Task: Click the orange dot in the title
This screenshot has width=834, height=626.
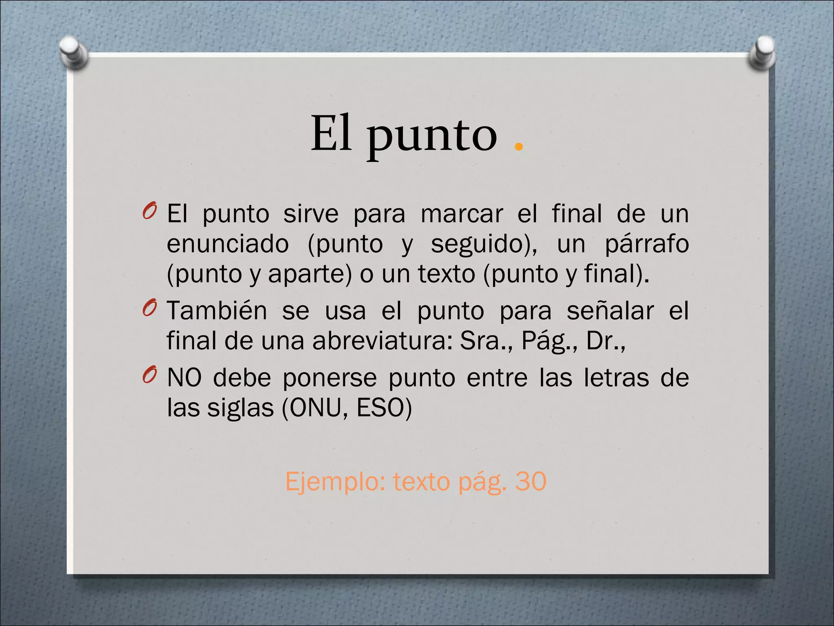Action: [518, 146]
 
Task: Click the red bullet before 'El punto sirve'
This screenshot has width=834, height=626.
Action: [149, 211]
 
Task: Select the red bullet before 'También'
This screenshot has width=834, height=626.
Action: [149, 308]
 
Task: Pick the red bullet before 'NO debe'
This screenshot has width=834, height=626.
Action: [149, 375]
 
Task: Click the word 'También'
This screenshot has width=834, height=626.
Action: [217, 311]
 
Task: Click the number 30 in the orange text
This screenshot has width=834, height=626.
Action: [530, 481]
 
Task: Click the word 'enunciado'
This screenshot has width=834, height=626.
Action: [228, 244]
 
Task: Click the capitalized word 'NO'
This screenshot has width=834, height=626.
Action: [184, 377]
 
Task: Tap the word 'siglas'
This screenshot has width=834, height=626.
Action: [240, 408]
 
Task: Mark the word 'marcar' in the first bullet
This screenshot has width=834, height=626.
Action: [461, 214]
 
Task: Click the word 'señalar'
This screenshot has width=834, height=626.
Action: [610, 311]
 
